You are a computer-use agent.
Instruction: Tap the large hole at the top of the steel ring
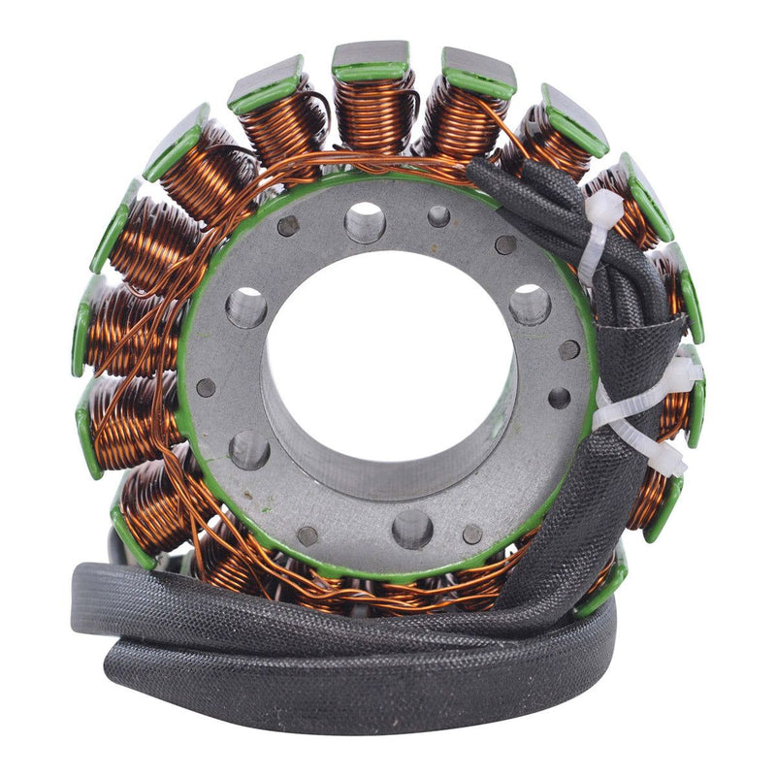365,222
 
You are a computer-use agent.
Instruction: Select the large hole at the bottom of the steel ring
412,529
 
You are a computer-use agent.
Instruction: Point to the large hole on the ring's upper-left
246,307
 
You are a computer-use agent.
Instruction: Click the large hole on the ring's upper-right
530,304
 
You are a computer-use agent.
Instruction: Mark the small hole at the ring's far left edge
206,388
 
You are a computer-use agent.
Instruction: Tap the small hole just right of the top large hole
438,216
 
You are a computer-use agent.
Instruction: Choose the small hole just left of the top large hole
288,226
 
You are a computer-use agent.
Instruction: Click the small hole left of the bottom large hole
307,535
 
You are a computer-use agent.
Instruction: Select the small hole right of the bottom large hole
472,533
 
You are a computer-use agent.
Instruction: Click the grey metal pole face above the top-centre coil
371,54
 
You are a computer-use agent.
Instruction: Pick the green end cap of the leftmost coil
81,339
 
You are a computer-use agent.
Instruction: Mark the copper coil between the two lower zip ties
674,412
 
